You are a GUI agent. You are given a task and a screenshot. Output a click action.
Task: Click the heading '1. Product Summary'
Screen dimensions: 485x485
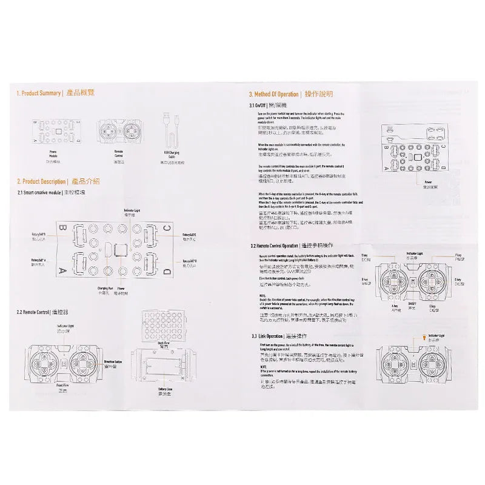click(x=39, y=93)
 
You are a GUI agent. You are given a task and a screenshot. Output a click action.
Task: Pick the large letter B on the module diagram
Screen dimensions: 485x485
click(x=62, y=229)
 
